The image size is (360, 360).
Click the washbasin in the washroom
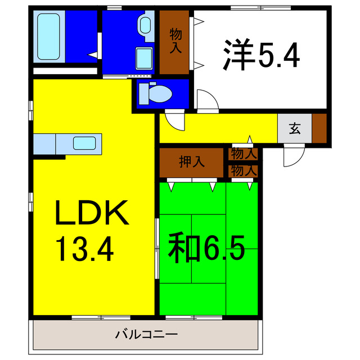[145, 25]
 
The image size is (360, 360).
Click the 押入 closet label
[192, 162]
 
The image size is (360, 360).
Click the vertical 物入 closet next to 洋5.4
[175, 43]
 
